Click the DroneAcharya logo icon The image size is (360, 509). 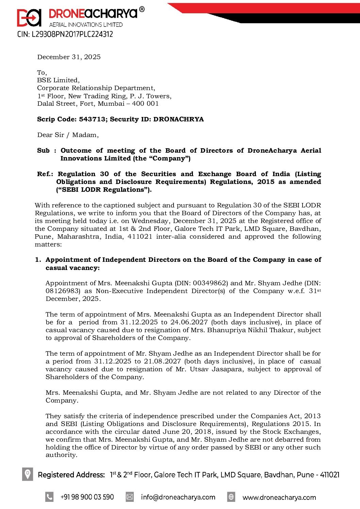click(x=29, y=17)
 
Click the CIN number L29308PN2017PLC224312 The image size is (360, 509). click(x=65, y=34)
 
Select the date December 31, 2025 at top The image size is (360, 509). click(x=69, y=57)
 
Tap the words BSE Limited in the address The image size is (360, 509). click(x=58, y=80)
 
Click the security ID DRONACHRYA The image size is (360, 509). click(x=178, y=119)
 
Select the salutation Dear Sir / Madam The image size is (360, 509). click(x=68, y=135)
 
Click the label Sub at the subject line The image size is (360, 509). click(x=43, y=151)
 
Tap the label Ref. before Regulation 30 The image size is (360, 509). click(x=45, y=174)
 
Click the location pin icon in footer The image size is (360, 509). click(x=28, y=474)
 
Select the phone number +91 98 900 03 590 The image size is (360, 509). click(x=87, y=497)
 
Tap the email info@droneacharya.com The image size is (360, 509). click(x=178, y=497)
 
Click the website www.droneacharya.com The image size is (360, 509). click(x=279, y=497)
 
